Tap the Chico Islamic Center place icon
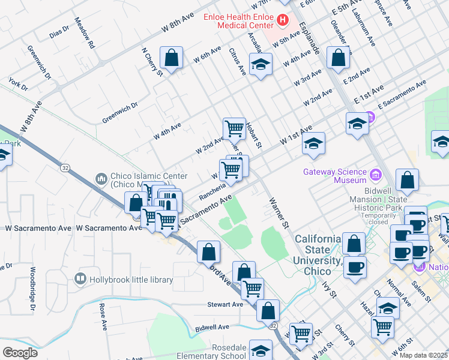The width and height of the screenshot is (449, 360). tap(101, 179)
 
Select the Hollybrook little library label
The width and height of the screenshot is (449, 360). tap(130, 280)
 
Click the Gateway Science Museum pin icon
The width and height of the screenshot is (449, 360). tap(376, 175)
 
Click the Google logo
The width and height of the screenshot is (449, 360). tap(19, 352)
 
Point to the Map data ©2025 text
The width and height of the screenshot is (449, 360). tap(423, 355)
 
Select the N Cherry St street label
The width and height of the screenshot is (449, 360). tap(152, 61)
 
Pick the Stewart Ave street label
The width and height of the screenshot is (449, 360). tap(225, 304)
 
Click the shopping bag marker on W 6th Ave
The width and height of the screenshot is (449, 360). tap(172, 59)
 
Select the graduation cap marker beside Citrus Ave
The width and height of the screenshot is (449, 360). tap(261, 64)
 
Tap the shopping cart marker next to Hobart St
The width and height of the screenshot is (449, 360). tap(234, 128)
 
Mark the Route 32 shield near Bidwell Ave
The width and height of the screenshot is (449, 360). tap(273, 325)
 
